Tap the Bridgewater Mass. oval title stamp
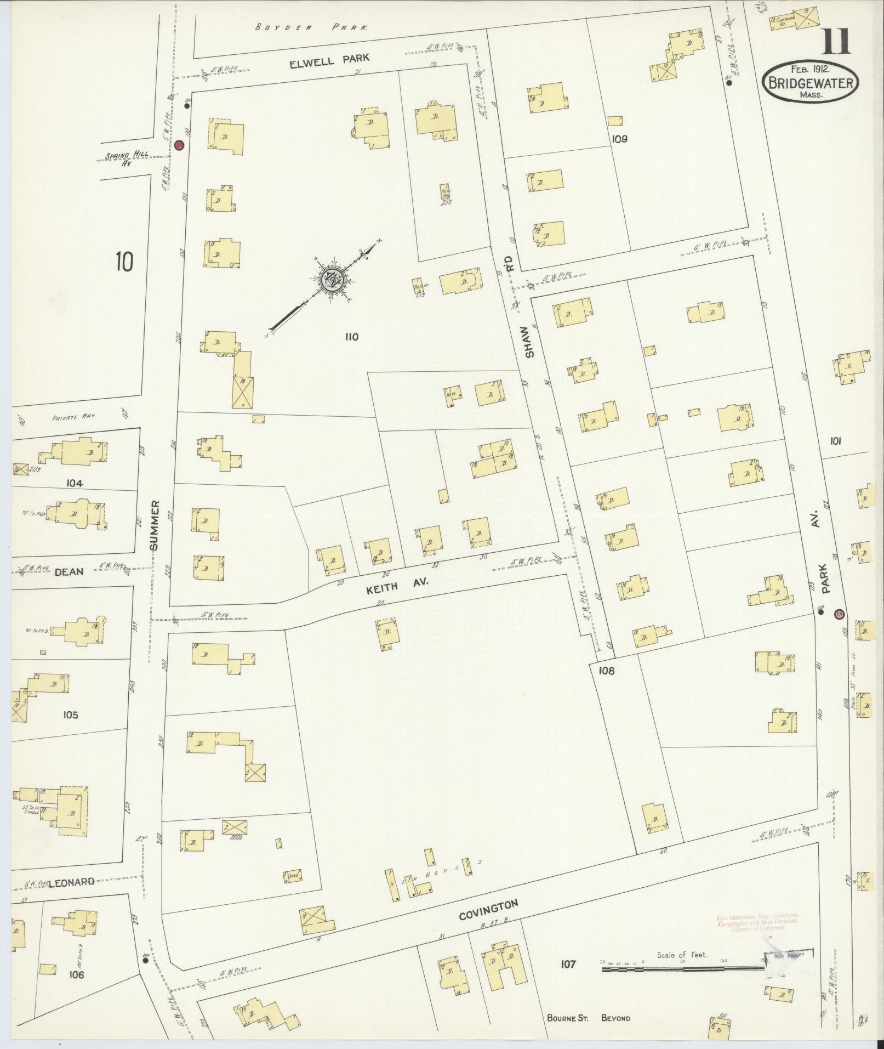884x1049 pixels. tap(810, 82)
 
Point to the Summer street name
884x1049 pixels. tap(155, 525)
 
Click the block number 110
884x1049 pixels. tap(351, 337)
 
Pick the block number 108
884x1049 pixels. tap(606, 670)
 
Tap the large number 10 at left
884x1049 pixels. tap(124, 262)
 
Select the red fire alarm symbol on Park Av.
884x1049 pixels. tap(839, 614)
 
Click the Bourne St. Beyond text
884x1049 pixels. tap(589, 1018)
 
